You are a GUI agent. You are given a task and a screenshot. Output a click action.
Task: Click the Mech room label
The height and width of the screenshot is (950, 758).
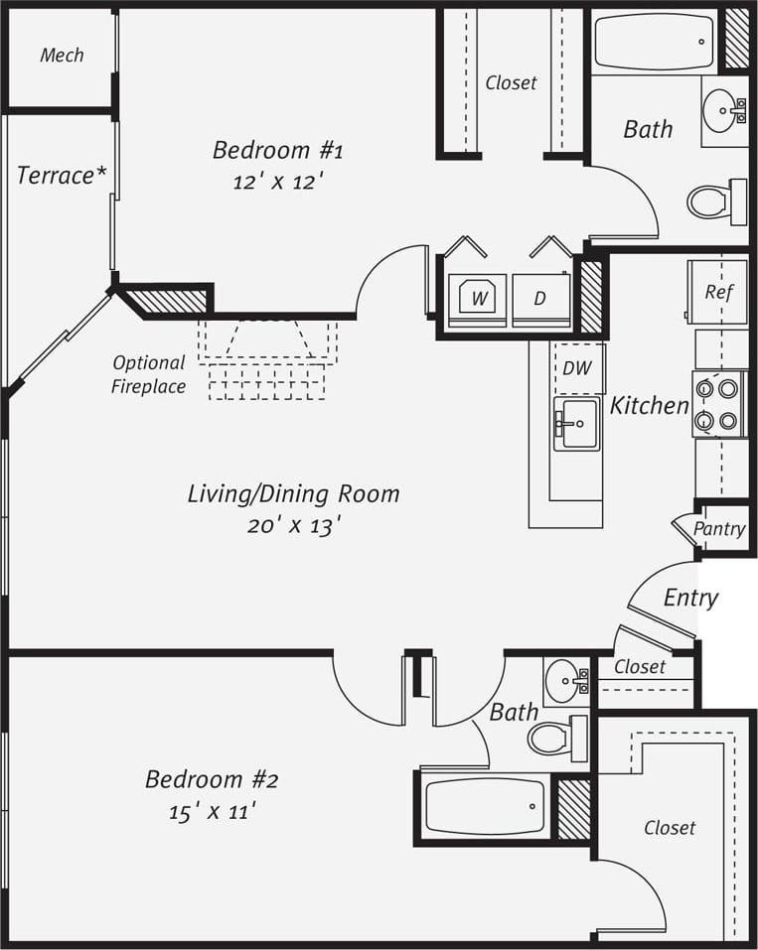coord(62,56)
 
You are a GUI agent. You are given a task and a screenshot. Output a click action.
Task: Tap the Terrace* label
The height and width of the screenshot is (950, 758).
coord(62,176)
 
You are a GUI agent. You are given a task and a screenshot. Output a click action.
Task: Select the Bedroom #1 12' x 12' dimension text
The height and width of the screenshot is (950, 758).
coord(277,182)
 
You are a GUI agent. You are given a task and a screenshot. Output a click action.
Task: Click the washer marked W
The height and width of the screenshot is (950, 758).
coord(478,297)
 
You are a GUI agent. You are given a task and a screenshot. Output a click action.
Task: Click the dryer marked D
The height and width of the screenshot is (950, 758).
coord(541,297)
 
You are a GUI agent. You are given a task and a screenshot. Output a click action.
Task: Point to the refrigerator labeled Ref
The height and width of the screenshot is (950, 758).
coord(718,292)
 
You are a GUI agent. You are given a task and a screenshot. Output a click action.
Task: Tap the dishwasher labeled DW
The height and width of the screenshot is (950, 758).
coord(577,367)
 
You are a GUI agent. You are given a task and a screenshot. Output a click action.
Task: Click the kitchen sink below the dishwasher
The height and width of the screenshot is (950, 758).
coord(576,424)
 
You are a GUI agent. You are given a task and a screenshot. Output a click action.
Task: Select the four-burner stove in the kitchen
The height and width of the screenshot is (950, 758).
coord(719,404)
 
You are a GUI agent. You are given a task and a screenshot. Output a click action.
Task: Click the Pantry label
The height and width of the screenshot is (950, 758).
coord(719,529)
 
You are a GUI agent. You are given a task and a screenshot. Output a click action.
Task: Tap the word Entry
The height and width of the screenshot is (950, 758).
coord(690,598)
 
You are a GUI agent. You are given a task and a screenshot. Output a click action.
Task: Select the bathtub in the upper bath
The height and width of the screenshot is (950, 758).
coord(654,42)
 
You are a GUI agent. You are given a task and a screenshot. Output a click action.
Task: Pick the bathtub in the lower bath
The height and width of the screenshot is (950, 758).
coord(485,806)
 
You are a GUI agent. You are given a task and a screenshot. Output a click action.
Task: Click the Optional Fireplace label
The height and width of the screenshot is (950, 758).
coord(148,374)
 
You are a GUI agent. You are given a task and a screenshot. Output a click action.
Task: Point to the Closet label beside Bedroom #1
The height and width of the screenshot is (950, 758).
coord(511,83)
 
